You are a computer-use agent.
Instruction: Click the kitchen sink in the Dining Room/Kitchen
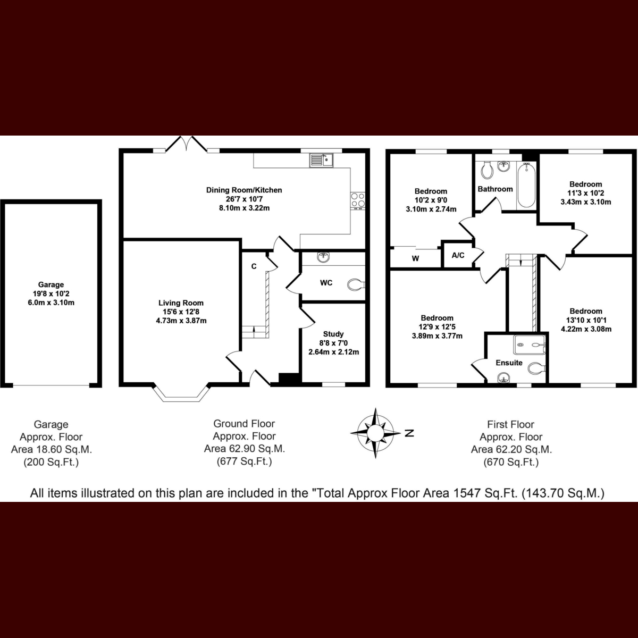[x=322, y=161]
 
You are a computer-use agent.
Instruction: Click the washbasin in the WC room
[x=323, y=257]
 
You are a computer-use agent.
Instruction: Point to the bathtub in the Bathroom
[x=526, y=186]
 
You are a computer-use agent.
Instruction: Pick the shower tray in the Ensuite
[x=529, y=345]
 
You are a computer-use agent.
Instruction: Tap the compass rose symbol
[x=375, y=433]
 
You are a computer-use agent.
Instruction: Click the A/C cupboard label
[x=458, y=255]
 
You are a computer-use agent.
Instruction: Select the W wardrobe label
[x=416, y=258]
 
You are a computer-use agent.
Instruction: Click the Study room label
[x=333, y=334]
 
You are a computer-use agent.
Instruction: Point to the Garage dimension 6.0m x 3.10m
[x=51, y=303]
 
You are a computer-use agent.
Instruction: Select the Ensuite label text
[x=509, y=363]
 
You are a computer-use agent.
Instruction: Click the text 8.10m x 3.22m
[x=245, y=208]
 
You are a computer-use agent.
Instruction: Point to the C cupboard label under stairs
[x=254, y=266]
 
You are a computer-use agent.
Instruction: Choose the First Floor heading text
[x=510, y=424]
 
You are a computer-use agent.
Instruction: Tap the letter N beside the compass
[x=409, y=433]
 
